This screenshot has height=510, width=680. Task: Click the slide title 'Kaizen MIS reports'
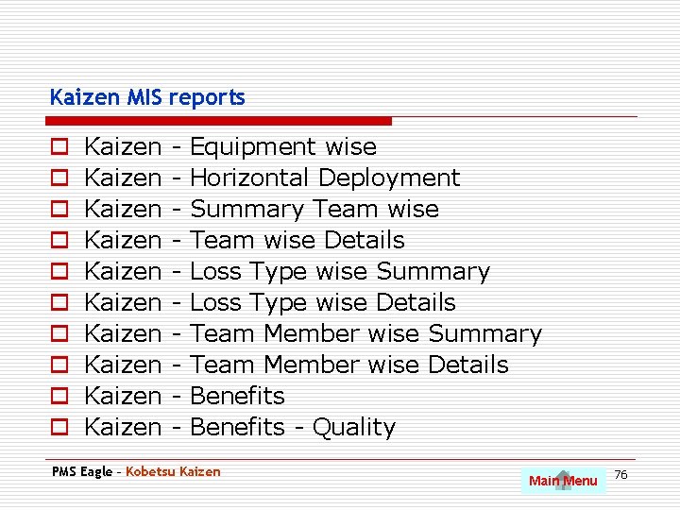[x=146, y=97]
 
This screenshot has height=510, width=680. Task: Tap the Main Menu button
[x=563, y=481]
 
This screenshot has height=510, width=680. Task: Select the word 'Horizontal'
[x=249, y=178]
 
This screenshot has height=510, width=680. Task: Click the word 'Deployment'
[x=388, y=178]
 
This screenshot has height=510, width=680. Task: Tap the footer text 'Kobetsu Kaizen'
[x=173, y=471]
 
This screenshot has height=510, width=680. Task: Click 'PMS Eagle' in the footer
[x=81, y=471]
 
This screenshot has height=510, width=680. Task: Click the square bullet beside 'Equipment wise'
[x=59, y=147]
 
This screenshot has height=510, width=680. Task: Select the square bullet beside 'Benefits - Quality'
[x=59, y=428]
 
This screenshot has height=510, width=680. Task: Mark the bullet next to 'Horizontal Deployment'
[x=59, y=178]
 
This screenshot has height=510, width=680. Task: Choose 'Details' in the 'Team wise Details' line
[x=364, y=240]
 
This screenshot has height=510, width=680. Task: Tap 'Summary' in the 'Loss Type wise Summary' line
[x=433, y=272]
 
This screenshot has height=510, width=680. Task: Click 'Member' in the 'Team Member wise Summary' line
[x=312, y=333]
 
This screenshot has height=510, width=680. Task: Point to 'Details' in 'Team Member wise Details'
[x=467, y=365]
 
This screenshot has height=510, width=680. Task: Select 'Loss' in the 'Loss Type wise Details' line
[x=216, y=302]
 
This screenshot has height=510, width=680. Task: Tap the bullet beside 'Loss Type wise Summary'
[x=59, y=272]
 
